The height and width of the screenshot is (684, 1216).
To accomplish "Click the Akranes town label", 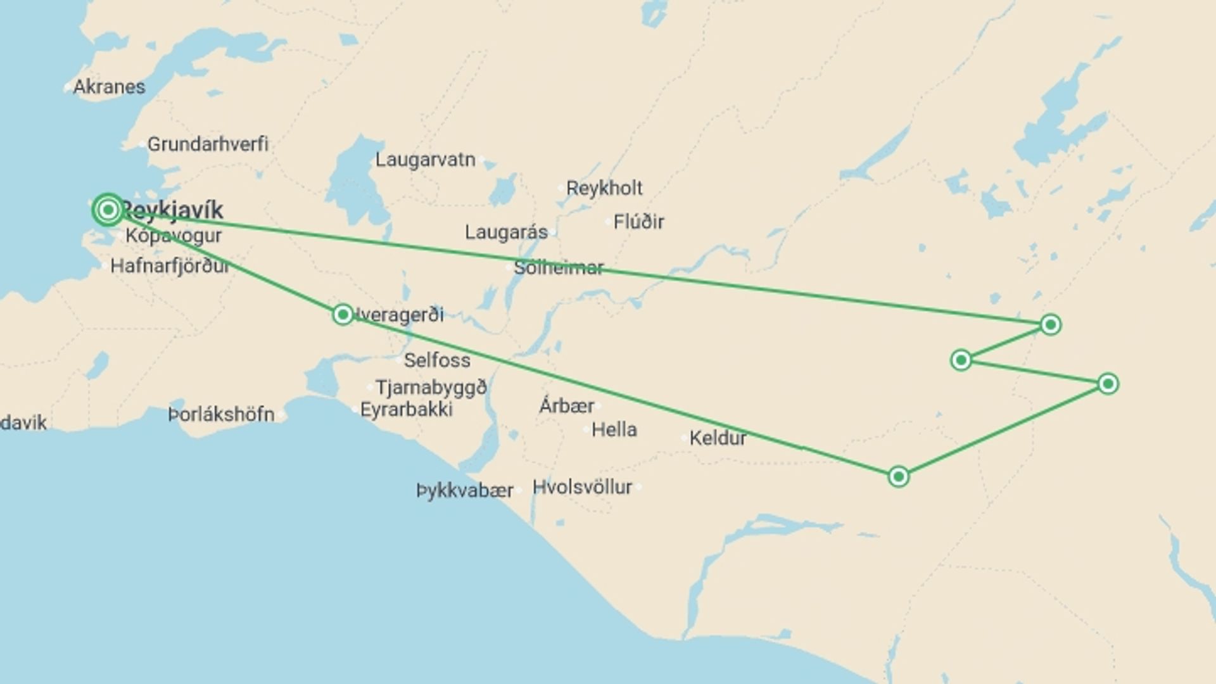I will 109,87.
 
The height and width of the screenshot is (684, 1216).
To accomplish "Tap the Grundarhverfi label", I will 208,144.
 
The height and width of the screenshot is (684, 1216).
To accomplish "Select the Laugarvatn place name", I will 425,160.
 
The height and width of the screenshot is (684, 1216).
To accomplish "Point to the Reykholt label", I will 604,188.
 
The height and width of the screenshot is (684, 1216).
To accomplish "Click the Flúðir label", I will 638,222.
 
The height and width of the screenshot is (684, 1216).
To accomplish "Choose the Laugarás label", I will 506,232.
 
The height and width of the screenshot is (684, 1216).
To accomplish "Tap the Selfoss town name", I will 437,360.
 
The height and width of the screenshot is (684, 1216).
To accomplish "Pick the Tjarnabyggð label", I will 431,387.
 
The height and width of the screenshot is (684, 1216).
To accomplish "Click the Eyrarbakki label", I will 407,410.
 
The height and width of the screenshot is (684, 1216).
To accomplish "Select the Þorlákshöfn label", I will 222,415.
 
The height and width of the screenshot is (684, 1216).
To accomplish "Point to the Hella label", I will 614,430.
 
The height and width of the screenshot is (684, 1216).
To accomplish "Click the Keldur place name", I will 718,438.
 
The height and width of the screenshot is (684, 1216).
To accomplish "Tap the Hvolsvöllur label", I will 582,487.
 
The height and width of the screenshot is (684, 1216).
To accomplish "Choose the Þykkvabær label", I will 465,490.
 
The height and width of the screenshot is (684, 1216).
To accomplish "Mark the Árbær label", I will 567,405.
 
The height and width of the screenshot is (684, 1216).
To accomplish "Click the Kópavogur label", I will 174,236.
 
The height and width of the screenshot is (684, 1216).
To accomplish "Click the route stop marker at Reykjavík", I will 108,210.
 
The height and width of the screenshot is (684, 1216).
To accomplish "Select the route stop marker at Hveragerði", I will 343,314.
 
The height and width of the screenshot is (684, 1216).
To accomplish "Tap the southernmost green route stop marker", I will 898,476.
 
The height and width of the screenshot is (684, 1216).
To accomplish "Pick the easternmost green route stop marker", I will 1108,384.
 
